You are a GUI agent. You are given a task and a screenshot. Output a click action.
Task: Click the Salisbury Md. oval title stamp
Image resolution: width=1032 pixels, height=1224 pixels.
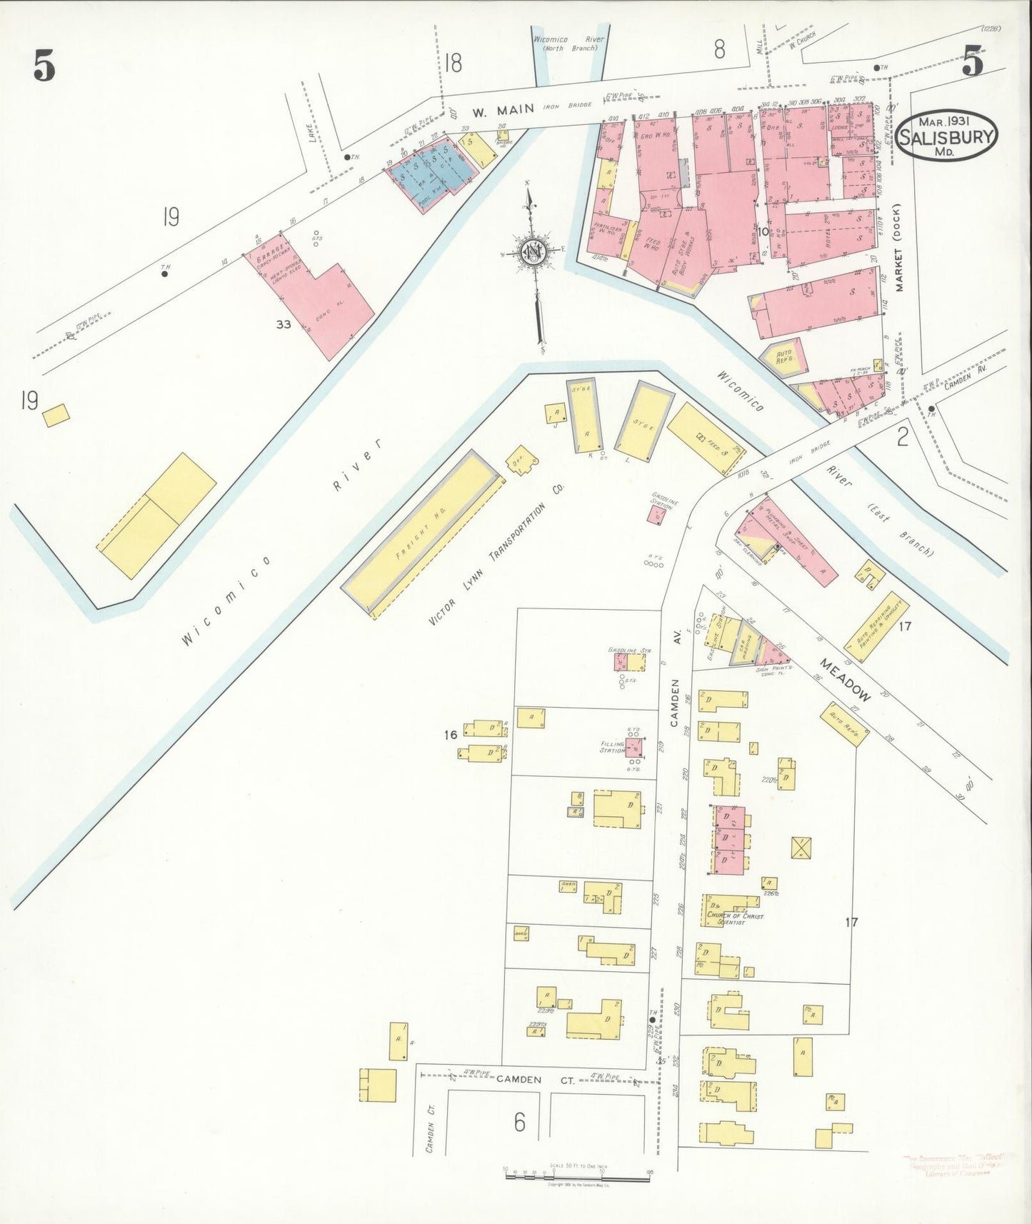946,134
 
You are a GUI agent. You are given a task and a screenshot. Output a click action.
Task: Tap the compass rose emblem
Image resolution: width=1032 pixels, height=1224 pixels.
532,251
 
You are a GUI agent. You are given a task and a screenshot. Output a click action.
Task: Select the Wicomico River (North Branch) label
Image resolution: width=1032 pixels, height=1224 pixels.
568,44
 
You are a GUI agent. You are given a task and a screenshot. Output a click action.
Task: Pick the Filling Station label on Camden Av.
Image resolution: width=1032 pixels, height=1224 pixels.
613,747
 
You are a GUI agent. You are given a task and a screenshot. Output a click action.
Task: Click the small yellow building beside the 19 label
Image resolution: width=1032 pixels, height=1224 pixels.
56,415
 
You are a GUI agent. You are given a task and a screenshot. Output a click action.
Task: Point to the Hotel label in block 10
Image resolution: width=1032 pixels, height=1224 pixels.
830,241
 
